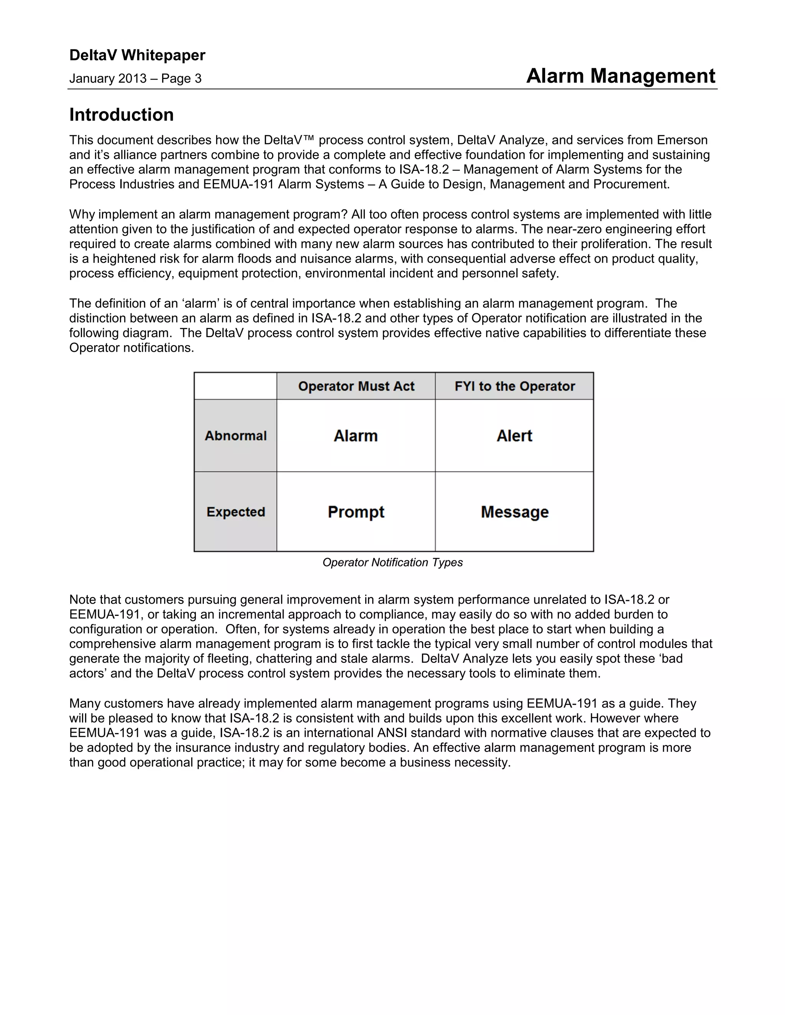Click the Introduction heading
coord(122,115)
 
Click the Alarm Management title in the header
coord(621,76)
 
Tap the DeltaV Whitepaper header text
coord(137,55)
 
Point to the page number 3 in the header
coord(198,79)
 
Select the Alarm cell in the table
coord(356,436)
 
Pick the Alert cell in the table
coord(514,436)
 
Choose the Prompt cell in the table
coord(356,512)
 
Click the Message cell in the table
coord(514,512)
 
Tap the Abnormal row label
coord(236,436)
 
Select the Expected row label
coord(236,512)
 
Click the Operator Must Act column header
coord(356,386)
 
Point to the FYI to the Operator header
coord(514,386)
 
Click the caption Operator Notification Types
coord(392,562)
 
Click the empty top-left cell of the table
coord(235,386)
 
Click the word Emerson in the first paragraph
coord(682,140)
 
